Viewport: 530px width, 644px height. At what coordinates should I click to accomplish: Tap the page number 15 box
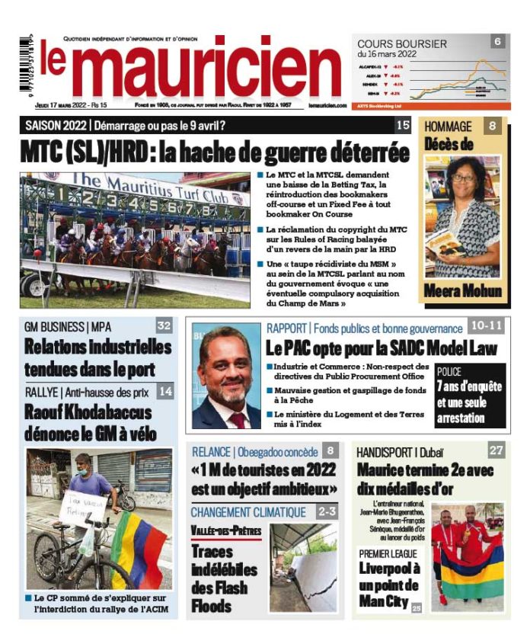[403, 125]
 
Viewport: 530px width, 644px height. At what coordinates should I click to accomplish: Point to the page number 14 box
[165, 392]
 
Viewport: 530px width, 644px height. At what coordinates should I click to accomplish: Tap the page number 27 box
[496, 450]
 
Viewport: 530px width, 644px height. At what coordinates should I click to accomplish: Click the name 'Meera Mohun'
[463, 291]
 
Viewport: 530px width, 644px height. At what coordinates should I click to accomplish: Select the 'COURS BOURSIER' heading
[402, 44]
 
